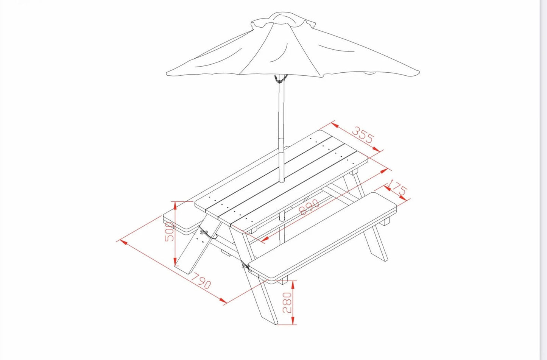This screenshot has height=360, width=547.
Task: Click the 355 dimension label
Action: pos(363,134)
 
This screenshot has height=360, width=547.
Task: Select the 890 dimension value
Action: pos(309,207)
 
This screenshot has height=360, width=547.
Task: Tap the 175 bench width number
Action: pos(397,187)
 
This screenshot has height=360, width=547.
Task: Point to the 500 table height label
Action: pos(169,232)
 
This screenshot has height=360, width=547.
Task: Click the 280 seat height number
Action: pos(287,302)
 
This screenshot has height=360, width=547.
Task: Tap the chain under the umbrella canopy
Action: pos(281,79)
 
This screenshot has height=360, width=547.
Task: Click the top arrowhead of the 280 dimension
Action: pos(293,284)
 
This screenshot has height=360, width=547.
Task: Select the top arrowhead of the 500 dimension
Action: pos(175,206)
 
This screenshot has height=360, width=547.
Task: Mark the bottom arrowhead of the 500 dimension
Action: pos(175,262)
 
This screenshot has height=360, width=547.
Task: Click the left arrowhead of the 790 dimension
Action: pos(124,243)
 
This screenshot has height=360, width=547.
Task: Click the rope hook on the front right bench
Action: pos(246,266)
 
